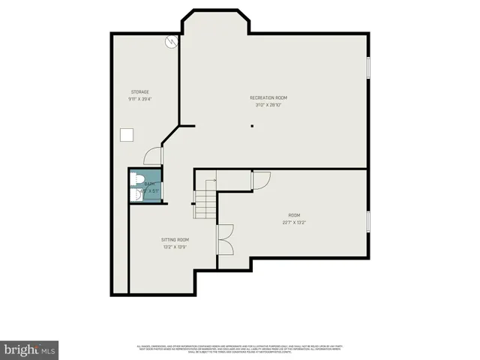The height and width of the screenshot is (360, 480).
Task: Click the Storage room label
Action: pyautogui.click(x=140, y=91)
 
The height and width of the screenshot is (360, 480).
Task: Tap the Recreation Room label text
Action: pyautogui.click(x=268, y=97)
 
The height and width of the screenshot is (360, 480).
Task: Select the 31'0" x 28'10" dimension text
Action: pyautogui.click(x=268, y=105)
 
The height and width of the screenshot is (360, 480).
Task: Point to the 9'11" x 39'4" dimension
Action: pyautogui.click(x=140, y=99)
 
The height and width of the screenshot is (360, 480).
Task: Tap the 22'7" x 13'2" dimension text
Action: pyautogui.click(x=294, y=221)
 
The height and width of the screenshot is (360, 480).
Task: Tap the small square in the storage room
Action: pyautogui.click(x=127, y=134)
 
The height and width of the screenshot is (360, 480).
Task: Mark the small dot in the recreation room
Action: pyautogui.click(x=252, y=125)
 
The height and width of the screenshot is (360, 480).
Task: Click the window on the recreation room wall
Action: pyautogui.click(x=367, y=67)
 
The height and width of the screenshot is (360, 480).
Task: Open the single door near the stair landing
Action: pyautogui.click(x=261, y=180)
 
